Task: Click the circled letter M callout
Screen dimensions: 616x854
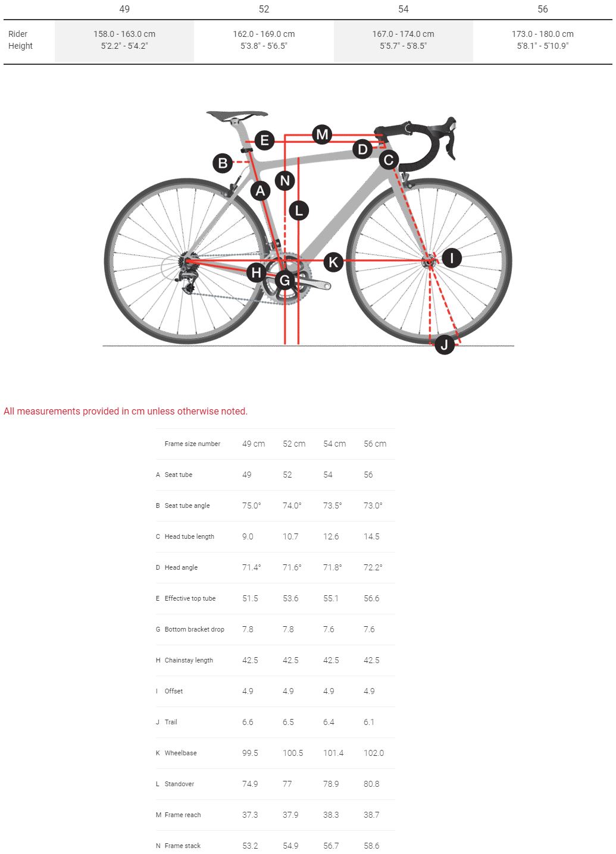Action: click(322, 134)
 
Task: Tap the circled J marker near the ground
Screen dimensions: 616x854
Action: click(444, 345)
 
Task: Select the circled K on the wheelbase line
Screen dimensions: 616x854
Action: click(333, 262)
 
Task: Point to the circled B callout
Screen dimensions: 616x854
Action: click(223, 163)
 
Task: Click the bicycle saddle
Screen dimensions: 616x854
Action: click(237, 115)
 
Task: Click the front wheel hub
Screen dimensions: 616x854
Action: click(429, 262)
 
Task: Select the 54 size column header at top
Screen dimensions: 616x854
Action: click(403, 9)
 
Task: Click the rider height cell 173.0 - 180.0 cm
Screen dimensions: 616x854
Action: click(542, 34)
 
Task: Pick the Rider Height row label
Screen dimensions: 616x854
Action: click(20, 40)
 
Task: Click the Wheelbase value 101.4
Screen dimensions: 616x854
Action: click(333, 752)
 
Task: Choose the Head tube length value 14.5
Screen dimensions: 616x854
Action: click(371, 536)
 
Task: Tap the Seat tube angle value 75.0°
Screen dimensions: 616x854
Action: click(252, 506)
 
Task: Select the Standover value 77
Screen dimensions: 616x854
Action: click(287, 783)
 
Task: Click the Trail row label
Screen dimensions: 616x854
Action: click(171, 722)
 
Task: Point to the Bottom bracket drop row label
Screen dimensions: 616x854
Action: click(194, 629)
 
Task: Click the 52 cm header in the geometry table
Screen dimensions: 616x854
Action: click(294, 444)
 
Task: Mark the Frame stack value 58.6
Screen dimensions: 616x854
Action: click(371, 845)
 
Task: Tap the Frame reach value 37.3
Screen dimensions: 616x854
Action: click(250, 814)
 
